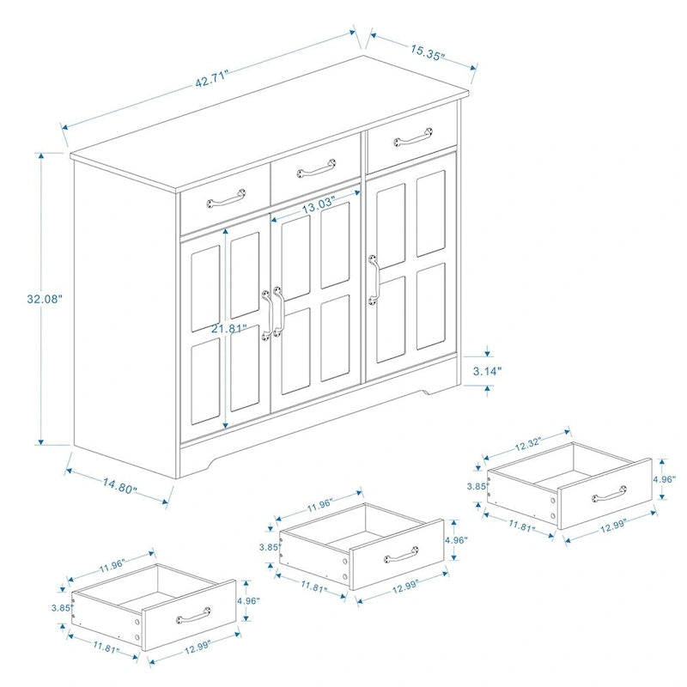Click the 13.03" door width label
(x=317, y=206)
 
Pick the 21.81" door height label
(x=232, y=328)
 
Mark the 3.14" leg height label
(x=488, y=371)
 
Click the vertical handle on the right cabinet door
(x=374, y=279)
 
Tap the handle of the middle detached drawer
(x=401, y=554)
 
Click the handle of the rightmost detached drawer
(x=609, y=495)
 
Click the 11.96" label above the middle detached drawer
(x=319, y=504)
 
